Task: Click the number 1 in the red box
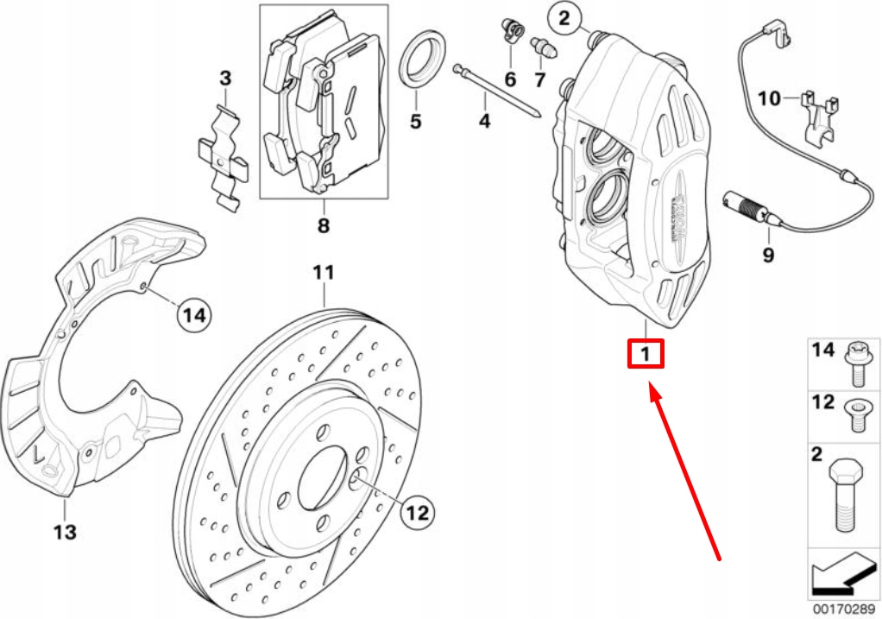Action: (646, 354)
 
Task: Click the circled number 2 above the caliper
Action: (564, 17)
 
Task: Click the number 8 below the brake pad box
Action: (323, 226)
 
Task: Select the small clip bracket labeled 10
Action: (818, 117)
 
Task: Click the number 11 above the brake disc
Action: (323, 274)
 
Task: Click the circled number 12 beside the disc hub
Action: (417, 513)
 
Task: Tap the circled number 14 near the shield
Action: (195, 316)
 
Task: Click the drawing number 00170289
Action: (843, 608)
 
